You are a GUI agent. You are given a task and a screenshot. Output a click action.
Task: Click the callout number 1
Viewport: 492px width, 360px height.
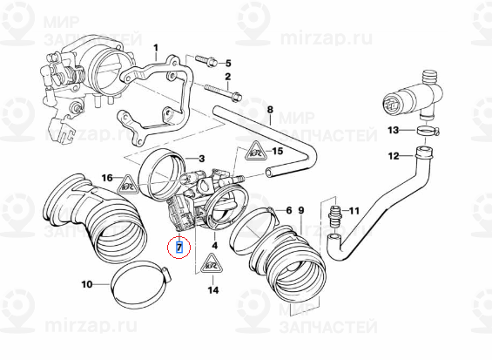point(157,48)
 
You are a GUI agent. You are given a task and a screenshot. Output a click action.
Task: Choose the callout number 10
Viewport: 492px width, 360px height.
point(87,284)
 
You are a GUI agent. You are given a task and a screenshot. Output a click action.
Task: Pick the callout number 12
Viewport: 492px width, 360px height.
point(393,156)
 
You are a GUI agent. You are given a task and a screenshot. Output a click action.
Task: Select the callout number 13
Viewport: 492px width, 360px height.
point(393,130)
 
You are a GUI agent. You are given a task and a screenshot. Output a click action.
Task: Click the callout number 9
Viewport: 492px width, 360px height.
point(300,211)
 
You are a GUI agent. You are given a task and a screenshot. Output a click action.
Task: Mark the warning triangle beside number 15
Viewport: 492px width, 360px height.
point(254,153)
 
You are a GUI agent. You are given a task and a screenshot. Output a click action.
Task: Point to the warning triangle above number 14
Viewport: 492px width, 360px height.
point(211,264)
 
